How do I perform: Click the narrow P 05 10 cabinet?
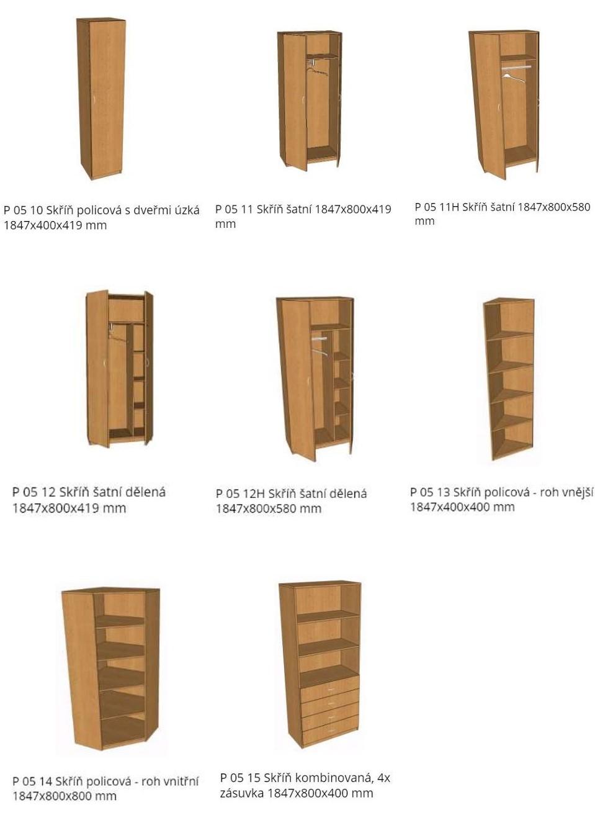[x=101, y=98]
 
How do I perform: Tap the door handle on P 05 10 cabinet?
[x=95, y=102]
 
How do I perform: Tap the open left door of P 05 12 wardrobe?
[x=97, y=369]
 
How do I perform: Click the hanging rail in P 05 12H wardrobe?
[x=319, y=339]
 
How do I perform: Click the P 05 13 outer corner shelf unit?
[x=509, y=379]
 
